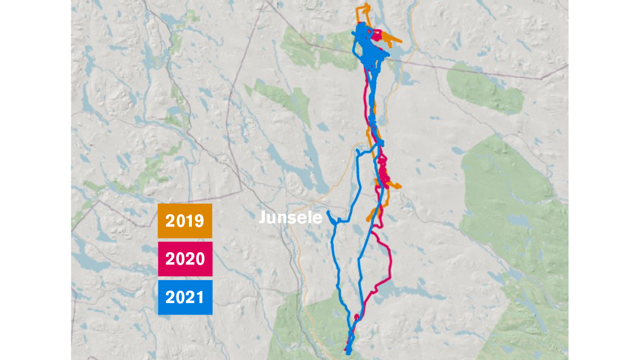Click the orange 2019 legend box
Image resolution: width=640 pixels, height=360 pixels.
coord(185,221)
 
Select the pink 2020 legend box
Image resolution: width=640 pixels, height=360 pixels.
coord(185,259)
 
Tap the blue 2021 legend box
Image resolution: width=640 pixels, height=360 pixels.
coord(185,297)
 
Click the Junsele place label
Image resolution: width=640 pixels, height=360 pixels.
coord(290,218)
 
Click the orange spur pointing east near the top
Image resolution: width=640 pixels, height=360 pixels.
coord(400,41)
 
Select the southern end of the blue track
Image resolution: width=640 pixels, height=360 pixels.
coord(348,353)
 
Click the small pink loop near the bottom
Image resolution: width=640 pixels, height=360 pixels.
coord(357,317)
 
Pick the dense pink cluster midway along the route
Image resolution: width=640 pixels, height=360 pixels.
coord(383,172)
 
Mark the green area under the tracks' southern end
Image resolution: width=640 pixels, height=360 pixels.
coord(320,325)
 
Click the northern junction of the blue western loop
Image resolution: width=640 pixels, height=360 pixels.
coord(358,150)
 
